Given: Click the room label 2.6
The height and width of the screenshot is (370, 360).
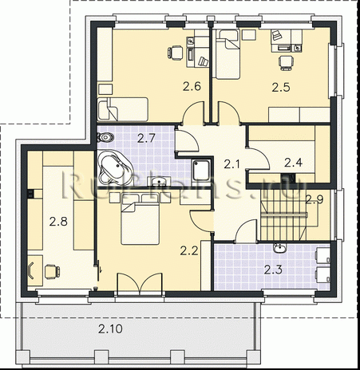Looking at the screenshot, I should click(192, 85).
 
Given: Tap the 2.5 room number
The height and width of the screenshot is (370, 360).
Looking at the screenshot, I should click(280, 85).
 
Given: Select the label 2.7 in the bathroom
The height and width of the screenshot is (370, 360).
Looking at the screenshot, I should click(146, 138).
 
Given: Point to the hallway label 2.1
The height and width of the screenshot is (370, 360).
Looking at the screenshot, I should click(231, 164).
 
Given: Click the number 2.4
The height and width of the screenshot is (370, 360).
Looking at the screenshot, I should click(293, 163).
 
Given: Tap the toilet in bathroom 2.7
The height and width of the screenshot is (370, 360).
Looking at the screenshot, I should click(103, 138).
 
